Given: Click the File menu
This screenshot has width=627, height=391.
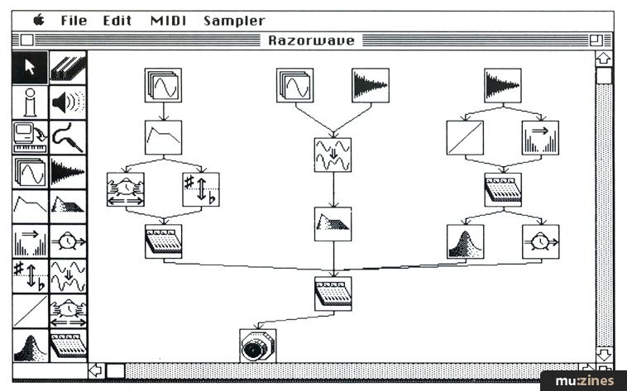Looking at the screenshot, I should tap(74, 21).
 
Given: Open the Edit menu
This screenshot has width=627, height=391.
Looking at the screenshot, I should tap(117, 21).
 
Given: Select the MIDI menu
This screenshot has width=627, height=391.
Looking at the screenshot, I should tap(168, 21).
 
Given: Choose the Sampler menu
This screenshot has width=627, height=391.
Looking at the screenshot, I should tap(234, 21).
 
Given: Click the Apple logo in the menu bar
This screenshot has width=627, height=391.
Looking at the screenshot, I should tap(38, 20).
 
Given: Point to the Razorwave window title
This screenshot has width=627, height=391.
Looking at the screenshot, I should tap(313, 41).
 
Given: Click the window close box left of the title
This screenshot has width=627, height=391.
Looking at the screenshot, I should tap(27, 41).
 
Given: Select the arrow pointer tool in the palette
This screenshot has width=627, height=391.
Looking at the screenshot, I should tap(31, 66).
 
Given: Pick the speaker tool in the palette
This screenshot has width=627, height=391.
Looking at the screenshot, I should tap(68, 102).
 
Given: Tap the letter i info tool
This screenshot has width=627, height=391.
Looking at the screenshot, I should tap(31, 102).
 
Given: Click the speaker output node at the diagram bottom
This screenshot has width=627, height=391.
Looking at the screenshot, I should tap(257, 346).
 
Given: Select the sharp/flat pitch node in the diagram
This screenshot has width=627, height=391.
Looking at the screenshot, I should tap(201, 189).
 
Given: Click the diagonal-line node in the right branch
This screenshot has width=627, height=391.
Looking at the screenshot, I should tap(465, 138).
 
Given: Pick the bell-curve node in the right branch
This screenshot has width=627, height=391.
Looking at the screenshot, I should tap(465, 241).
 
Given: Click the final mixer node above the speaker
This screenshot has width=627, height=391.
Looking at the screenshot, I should tap(333, 293).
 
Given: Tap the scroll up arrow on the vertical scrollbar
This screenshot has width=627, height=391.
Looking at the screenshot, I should tap(604, 59).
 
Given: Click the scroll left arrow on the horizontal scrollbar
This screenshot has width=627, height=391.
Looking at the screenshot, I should tap(96, 370).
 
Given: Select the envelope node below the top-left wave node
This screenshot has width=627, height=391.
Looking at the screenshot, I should tap(163, 137).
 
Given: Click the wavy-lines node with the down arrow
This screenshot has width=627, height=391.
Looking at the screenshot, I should tap(333, 155).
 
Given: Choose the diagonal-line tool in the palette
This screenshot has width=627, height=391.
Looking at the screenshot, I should tap(31, 311).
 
